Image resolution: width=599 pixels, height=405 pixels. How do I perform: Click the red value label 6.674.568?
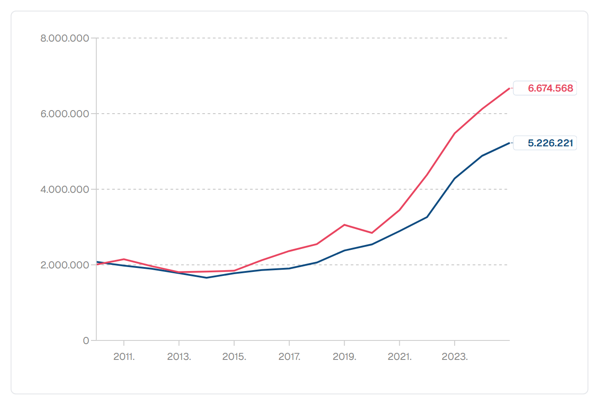click(550, 88)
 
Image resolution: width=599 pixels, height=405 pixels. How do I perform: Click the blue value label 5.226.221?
click(550, 143)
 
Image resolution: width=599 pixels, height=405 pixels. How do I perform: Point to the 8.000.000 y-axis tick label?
click(64, 38)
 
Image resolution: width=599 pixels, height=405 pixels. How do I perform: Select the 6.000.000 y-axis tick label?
click(64, 114)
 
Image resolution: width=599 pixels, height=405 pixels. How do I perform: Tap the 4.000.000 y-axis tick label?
click(64, 190)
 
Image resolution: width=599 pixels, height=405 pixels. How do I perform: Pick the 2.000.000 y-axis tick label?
click(64, 265)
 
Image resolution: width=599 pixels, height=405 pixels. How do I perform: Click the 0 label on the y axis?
click(86, 340)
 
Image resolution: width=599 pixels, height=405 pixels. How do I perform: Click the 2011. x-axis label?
click(124, 356)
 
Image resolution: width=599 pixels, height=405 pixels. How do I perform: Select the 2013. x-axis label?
click(179, 356)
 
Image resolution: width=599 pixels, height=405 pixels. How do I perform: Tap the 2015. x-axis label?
click(234, 356)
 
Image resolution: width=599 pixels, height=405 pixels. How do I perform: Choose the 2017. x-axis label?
click(289, 356)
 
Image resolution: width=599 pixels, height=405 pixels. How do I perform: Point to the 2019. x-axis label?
click(345, 356)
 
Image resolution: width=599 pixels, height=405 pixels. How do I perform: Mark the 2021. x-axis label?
click(399, 356)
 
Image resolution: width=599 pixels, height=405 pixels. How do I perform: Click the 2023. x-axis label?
click(455, 356)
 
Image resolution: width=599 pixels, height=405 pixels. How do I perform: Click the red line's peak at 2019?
click(345, 225)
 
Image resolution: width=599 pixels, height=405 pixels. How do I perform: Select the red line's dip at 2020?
click(372, 233)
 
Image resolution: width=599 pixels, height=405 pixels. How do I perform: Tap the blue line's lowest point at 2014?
click(206, 278)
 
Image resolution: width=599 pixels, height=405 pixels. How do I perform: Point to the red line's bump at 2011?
click(124, 259)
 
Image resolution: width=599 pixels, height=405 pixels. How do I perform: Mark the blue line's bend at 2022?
click(427, 217)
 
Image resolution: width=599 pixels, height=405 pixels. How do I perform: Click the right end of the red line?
click(509, 88)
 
